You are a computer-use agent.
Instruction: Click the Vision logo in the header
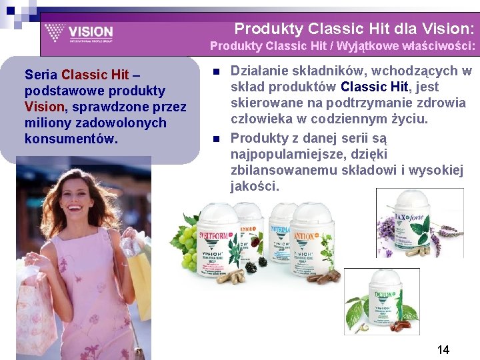click(79, 32)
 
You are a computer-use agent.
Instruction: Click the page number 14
click(443, 349)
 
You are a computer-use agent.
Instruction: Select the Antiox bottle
click(312, 237)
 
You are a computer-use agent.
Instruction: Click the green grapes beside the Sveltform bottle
click(187, 243)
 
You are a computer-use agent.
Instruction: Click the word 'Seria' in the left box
click(41, 75)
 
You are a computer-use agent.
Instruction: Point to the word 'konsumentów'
click(71, 139)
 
